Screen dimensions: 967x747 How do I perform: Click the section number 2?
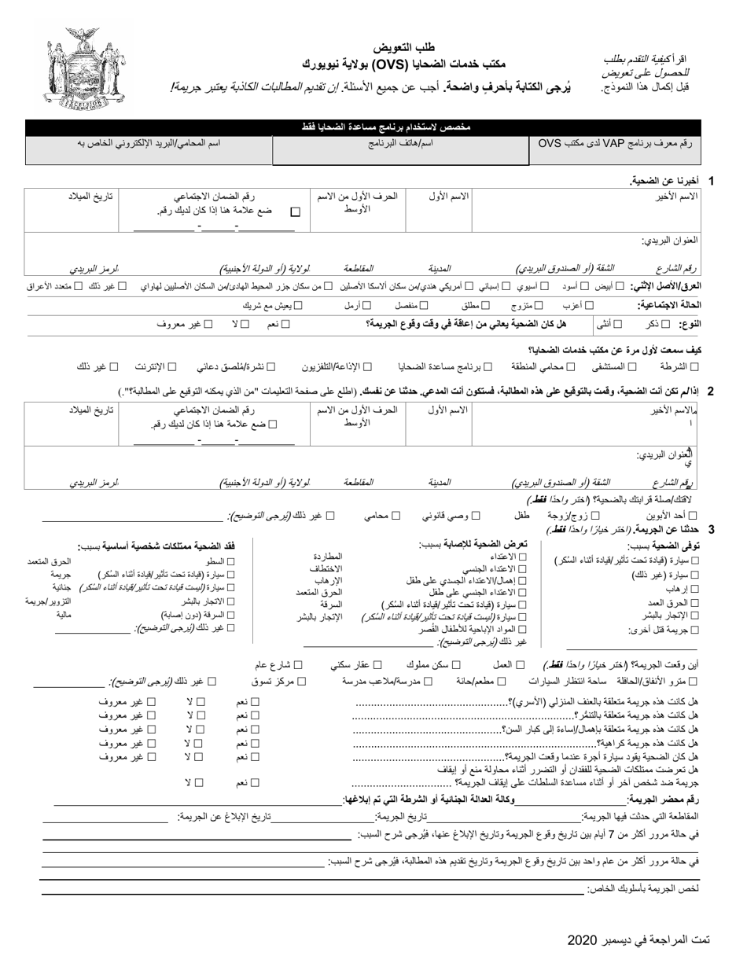(x=710, y=391)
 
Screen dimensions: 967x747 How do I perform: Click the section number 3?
(x=711, y=530)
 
